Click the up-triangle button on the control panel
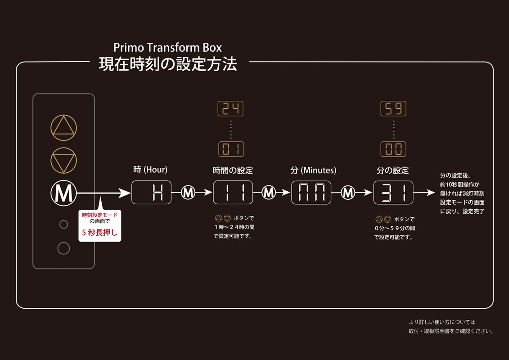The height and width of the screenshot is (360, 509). click(x=63, y=128)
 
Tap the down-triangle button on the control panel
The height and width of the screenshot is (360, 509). click(x=63, y=160)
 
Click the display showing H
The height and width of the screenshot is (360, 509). click(x=151, y=193)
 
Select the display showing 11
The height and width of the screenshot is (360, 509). click(x=233, y=193)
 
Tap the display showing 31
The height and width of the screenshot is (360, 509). click(x=393, y=193)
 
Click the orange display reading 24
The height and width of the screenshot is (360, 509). click(x=230, y=108)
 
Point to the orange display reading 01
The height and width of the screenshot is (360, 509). click(x=230, y=149)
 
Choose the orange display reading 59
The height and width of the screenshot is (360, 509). click(x=393, y=108)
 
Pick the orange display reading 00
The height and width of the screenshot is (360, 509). click(x=393, y=149)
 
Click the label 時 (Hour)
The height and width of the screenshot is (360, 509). click(x=150, y=170)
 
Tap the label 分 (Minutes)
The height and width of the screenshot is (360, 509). click(x=313, y=171)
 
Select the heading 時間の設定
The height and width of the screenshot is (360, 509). click(x=233, y=171)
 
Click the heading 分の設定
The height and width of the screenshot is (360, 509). click(x=392, y=171)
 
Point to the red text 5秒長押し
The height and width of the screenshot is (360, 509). click(x=99, y=233)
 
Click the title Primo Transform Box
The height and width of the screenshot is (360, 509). click(x=167, y=47)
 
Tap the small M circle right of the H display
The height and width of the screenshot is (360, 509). click(x=188, y=193)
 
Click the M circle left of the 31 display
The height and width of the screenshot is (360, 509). click(x=348, y=193)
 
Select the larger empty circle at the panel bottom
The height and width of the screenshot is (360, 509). click(x=64, y=248)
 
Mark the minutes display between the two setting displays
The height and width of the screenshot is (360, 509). click(x=311, y=193)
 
